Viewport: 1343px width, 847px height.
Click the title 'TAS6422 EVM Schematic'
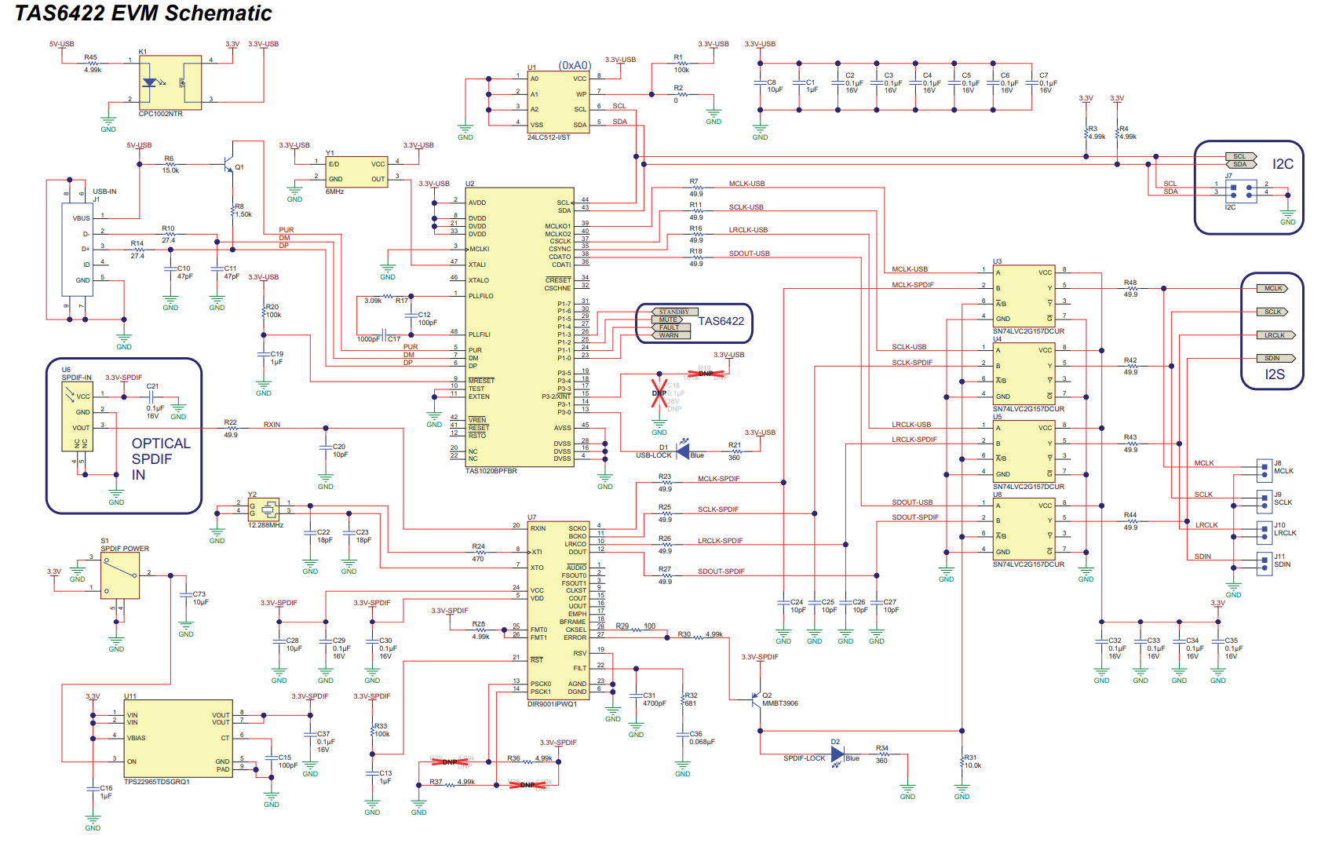pyautogui.click(x=144, y=13)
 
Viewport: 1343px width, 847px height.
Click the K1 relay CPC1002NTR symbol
pyautogui.click(x=170, y=82)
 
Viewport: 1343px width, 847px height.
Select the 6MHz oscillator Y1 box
pyautogui.click(x=356, y=172)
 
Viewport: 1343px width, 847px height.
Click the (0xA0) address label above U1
pyautogui.click(x=574, y=65)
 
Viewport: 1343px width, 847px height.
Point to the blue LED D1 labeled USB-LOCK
pyautogui.click(x=684, y=451)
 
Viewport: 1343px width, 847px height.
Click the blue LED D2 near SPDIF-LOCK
pyautogui.click(x=838, y=754)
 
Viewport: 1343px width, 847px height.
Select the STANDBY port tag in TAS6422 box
pyautogui.click(x=673, y=312)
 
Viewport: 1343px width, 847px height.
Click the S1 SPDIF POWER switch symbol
pyautogui.click(x=120, y=575)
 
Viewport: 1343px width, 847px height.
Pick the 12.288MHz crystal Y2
pyautogui.click(x=265, y=509)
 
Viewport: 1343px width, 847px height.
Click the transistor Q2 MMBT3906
pyautogui.click(x=757, y=698)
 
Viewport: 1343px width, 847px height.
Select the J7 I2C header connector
pyautogui.click(x=1241, y=191)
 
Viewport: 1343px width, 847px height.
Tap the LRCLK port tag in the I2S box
pyautogui.click(x=1275, y=335)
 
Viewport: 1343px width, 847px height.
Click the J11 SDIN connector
pyautogui.click(x=1264, y=563)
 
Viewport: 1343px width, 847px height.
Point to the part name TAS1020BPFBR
pyautogui.click(x=491, y=471)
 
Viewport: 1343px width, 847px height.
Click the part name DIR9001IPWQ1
pyautogui.click(x=552, y=704)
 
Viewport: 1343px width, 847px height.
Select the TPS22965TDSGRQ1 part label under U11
pyautogui.click(x=157, y=782)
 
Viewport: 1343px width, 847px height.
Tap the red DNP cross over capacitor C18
pyautogui.click(x=659, y=393)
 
